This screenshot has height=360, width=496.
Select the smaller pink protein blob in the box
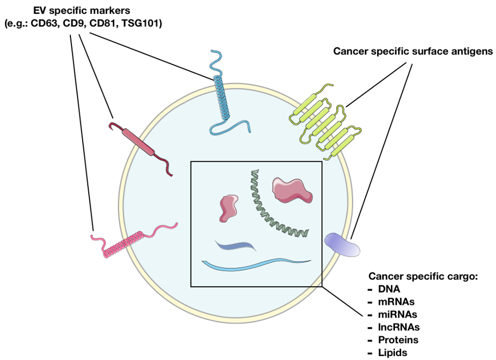[229, 208]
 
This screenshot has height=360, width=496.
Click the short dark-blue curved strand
[235, 246]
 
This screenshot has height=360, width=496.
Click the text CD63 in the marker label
[51, 23]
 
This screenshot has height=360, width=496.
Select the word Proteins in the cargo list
[399, 339]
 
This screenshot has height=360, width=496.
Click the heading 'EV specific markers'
[82, 11]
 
